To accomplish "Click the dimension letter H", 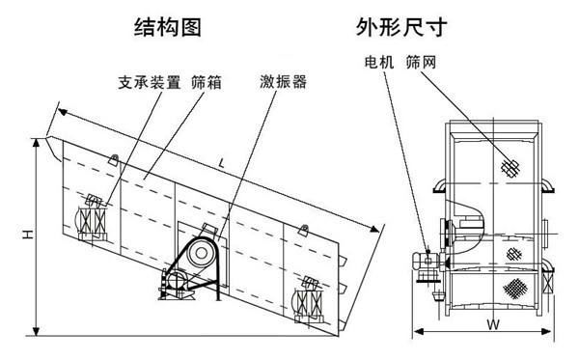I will (29, 234).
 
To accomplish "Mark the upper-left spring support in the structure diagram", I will (94, 219).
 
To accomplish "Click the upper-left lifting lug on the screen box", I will (114, 160).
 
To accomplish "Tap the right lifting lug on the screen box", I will (305, 231).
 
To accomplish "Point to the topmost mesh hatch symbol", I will (510, 167).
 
